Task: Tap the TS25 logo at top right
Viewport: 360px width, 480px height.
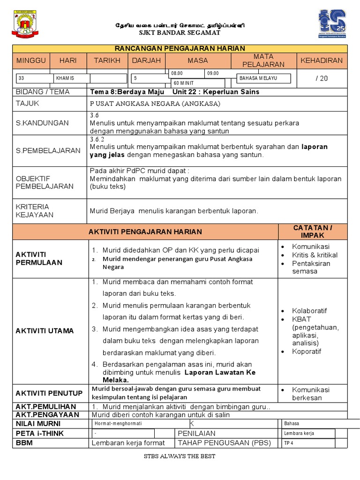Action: (333, 26)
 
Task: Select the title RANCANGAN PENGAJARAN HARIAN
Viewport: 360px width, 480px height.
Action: (180, 49)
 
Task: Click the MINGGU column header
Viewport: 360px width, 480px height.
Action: (31, 60)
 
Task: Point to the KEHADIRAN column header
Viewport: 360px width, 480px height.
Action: (322, 60)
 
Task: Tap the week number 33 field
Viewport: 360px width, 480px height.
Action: (35, 79)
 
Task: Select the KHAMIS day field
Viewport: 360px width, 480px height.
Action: (71, 79)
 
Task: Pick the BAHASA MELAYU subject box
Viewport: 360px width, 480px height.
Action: (263, 78)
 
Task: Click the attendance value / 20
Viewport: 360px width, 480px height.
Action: (322, 78)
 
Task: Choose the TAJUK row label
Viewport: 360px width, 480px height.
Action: (28, 103)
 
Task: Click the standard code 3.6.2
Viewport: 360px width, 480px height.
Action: (97, 139)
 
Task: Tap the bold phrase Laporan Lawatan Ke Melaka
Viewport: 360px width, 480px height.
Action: (220, 373)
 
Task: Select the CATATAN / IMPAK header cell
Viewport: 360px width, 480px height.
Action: (313, 231)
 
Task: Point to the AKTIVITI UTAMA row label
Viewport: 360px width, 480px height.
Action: (45, 330)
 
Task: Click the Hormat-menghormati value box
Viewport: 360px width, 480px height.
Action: (133, 423)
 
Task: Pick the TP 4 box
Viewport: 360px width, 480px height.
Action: (308, 443)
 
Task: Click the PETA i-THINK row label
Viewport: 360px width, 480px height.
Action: (40, 433)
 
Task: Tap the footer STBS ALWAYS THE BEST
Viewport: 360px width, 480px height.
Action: (180, 456)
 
